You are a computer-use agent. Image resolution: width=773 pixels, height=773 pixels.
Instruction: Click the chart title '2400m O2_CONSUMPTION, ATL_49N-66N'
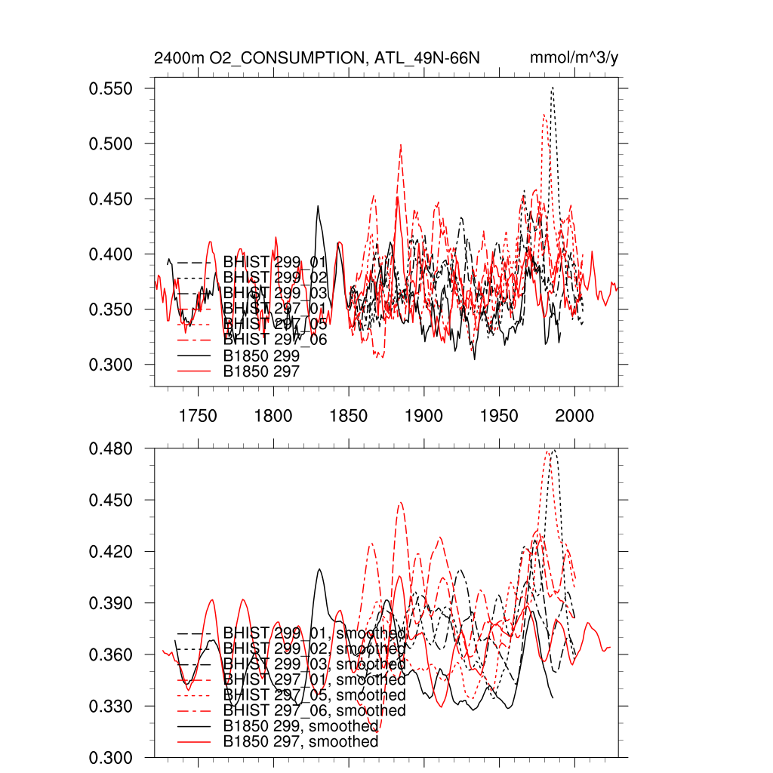coord(316,58)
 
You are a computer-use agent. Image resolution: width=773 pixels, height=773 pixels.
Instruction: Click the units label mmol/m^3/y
coord(575,58)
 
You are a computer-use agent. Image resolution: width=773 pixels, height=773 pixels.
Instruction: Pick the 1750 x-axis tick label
coord(198,415)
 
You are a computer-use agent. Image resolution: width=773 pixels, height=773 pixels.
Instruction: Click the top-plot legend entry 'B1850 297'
coord(262,371)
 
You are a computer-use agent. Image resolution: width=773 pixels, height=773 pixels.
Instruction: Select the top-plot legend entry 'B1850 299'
coord(262,355)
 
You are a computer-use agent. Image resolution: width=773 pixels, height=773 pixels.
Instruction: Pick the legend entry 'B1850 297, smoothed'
coord(300,742)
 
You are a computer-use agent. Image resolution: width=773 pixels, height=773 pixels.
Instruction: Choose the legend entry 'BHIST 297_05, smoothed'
coord(314,694)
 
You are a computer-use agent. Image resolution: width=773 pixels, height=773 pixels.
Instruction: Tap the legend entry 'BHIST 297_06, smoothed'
coord(314,710)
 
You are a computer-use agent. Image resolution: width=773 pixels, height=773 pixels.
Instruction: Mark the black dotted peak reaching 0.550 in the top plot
coord(553,88)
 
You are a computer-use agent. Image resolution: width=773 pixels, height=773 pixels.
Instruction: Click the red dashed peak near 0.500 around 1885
coord(401,145)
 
